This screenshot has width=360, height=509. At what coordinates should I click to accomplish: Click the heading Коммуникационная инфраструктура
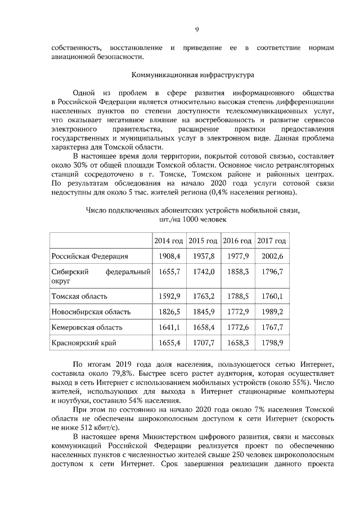193,74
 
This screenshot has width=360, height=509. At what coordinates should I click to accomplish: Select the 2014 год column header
169,241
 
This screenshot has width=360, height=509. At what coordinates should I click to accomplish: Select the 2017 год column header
272,241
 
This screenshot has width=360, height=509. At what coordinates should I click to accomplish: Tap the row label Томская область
79,296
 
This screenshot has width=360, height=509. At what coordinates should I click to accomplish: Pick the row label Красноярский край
84,342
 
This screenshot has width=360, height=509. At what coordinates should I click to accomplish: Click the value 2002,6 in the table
272,256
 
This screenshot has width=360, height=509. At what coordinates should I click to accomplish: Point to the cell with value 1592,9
169,296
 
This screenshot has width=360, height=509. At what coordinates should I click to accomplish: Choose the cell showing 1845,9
204,312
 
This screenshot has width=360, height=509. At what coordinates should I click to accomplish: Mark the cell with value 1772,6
237,327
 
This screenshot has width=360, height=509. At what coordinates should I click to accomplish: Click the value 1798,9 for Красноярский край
272,342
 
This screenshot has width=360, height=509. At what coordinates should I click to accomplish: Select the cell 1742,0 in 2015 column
204,272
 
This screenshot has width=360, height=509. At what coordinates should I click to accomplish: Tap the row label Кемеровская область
88,327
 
